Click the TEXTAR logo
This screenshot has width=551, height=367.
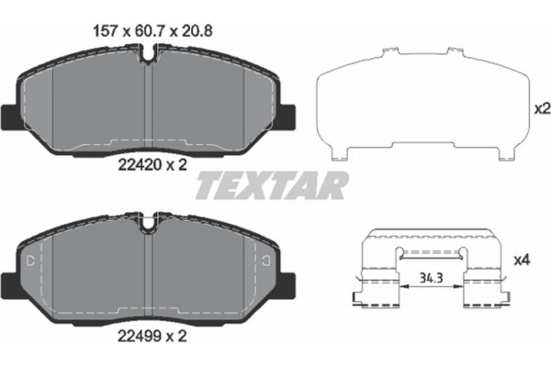(x=274, y=186)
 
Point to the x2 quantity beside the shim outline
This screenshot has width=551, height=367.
(x=540, y=109)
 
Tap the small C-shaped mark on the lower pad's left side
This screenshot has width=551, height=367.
(x=32, y=260)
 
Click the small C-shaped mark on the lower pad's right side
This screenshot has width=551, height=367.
(x=265, y=260)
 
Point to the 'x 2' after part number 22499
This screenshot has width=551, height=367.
(x=177, y=337)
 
